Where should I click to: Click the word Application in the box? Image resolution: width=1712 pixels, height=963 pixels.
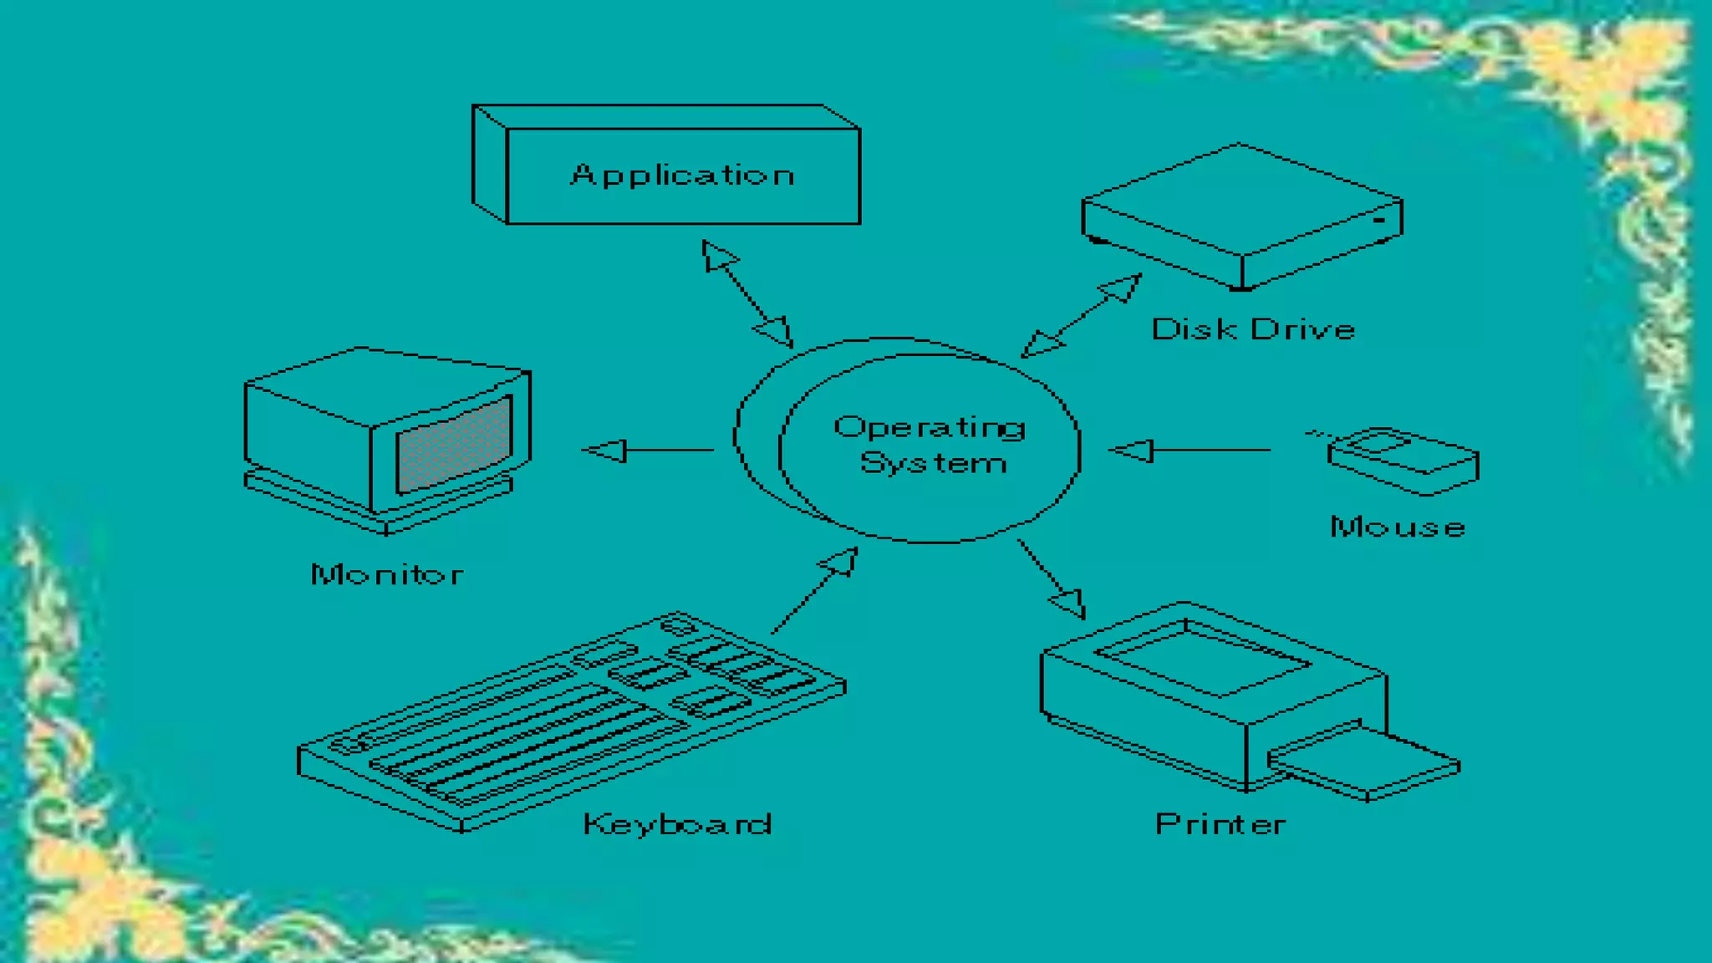point(683,175)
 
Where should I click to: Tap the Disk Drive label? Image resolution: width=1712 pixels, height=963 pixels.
point(1253,329)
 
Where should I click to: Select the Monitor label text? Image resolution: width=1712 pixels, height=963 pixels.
point(387,574)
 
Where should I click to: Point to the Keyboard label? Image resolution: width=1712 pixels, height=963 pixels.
point(677,824)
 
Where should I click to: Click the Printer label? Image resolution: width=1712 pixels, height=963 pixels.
point(1220,824)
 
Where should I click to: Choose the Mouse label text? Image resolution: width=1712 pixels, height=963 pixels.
point(1398,527)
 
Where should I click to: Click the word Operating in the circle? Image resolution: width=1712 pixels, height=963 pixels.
point(930,428)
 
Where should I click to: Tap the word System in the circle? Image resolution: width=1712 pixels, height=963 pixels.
point(933,463)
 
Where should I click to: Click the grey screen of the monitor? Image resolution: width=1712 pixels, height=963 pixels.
point(454,446)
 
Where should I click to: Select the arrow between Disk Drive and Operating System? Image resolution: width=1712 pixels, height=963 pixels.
point(1081,315)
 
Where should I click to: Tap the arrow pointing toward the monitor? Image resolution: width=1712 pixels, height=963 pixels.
point(648,451)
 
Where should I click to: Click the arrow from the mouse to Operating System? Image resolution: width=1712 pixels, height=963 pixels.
point(1190,451)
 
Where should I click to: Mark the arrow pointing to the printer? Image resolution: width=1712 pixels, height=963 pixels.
point(1051,578)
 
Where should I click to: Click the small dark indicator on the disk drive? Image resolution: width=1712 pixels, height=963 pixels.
point(1379,220)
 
